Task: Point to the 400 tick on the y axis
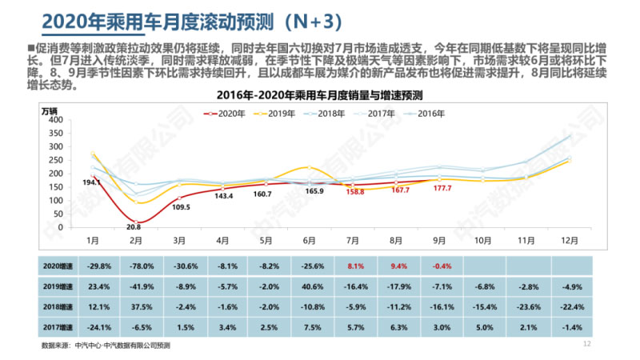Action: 55,119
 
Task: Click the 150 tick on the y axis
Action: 55,186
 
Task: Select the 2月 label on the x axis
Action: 135,240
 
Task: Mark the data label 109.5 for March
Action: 180,207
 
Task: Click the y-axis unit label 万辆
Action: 50,110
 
